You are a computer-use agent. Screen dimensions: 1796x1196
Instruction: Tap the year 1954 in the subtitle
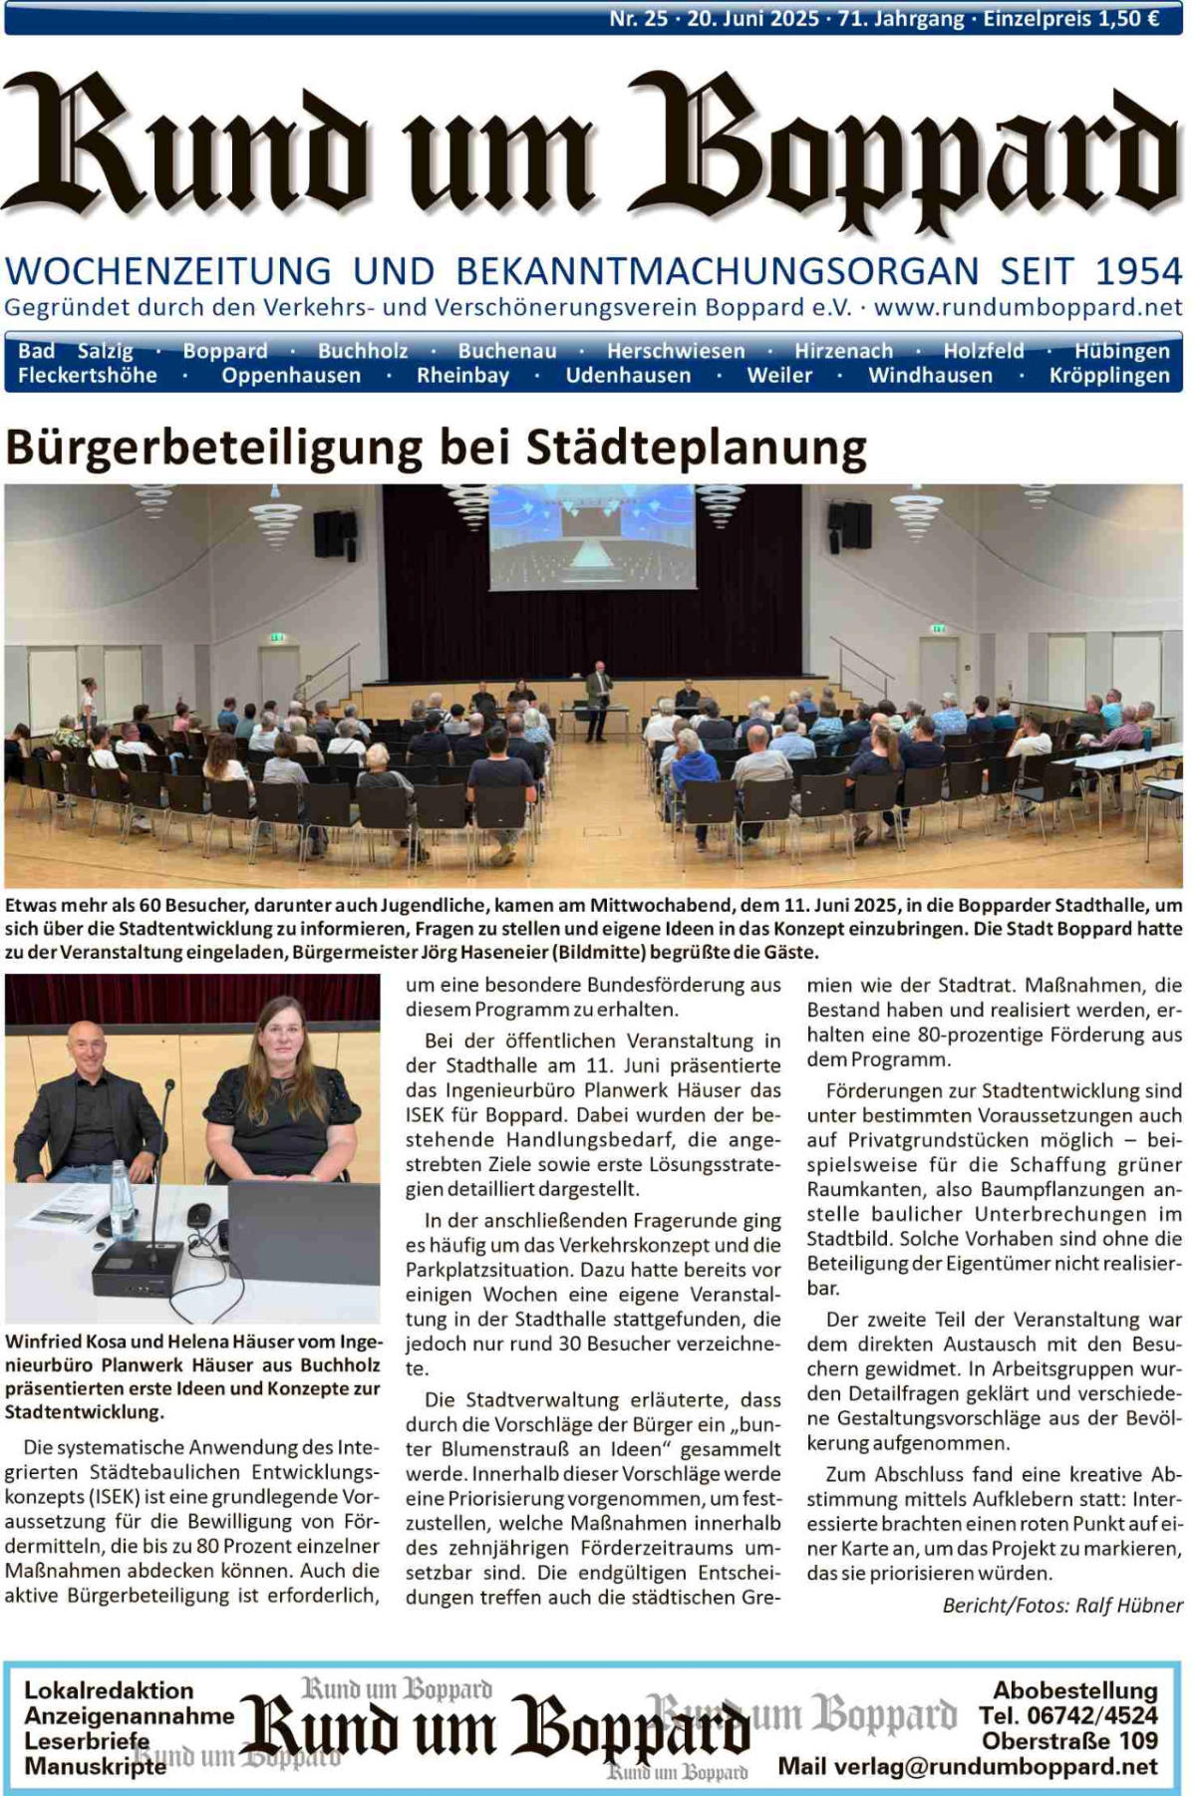point(1138,271)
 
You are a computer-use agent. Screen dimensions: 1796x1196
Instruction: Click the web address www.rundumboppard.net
point(1028,307)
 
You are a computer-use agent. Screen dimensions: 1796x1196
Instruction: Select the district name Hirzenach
point(843,351)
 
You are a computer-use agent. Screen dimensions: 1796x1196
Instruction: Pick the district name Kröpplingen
point(1108,376)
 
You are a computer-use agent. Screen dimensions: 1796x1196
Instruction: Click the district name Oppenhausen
point(291,376)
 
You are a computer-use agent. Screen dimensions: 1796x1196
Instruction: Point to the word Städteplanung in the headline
point(696,448)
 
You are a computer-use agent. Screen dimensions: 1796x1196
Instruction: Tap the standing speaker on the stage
point(597,698)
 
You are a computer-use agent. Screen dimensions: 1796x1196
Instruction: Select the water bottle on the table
point(121,1201)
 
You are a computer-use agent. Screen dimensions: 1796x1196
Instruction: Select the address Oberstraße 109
point(1069,1741)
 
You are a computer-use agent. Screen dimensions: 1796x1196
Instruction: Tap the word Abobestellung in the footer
point(1075,1690)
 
